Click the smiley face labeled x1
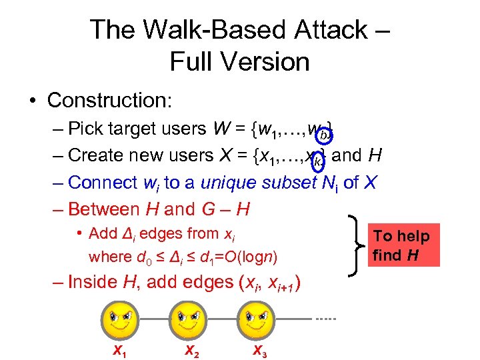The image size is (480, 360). tap(120, 319)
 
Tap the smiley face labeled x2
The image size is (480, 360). tap(187, 319)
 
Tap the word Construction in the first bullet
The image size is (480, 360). tap(109, 100)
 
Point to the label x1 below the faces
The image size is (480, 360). tap(119, 350)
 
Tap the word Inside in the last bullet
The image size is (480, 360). tap(93, 282)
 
